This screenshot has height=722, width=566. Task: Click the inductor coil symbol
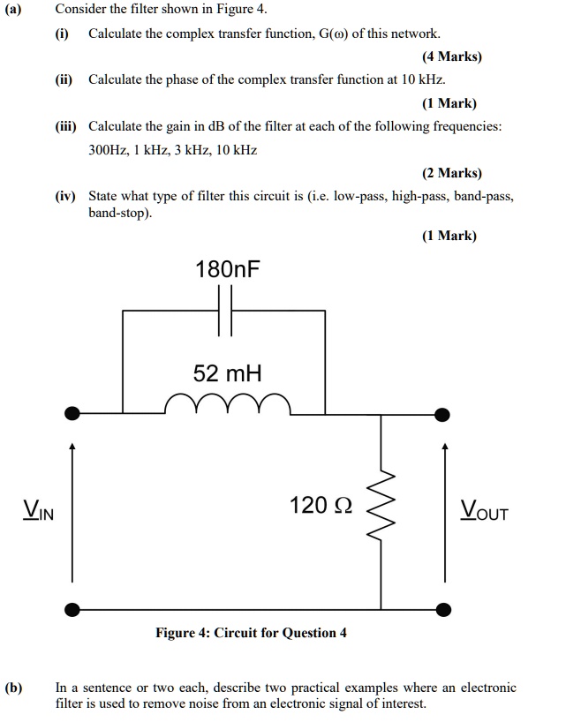point(228,404)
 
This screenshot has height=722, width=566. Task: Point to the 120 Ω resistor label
point(321,506)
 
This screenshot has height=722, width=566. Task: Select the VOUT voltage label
point(485,510)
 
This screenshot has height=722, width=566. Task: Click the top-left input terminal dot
point(73,412)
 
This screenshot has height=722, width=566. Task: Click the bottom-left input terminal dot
point(73,608)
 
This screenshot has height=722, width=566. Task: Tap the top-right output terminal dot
point(446,412)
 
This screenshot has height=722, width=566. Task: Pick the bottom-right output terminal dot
point(446,608)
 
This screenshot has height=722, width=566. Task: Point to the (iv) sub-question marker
point(67,196)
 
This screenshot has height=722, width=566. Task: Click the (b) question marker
point(14,686)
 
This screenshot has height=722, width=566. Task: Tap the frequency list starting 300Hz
point(173,150)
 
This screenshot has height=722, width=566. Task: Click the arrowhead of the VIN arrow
point(73,447)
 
